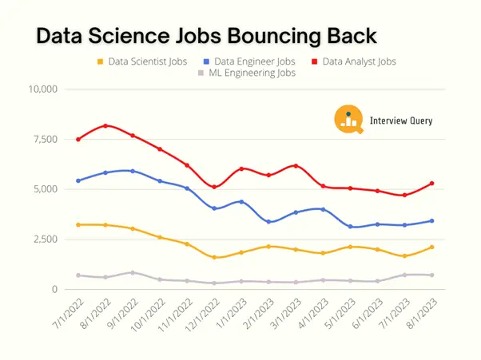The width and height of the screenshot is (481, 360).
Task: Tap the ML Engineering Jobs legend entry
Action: [247, 73]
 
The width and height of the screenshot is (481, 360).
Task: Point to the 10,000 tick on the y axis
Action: [42, 89]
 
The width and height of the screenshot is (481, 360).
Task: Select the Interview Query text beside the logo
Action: [401, 121]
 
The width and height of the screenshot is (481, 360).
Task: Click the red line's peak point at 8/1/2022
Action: [105, 125]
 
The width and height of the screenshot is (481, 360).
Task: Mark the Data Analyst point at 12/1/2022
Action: [214, 187]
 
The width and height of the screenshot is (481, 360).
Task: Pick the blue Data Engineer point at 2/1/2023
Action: [268, 222]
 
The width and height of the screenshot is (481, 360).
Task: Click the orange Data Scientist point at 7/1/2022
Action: [78, 224]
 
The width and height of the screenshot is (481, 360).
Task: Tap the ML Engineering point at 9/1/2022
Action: [133, 272]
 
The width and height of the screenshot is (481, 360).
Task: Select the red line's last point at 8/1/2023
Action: [431, 183]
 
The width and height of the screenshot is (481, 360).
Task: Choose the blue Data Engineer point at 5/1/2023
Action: [350, 227]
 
